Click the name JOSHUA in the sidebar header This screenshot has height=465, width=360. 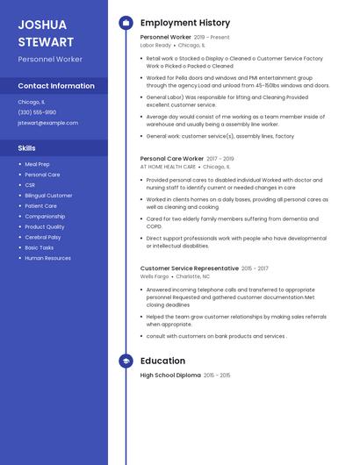click(42, 24)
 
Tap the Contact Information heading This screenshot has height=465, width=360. click(56, 86)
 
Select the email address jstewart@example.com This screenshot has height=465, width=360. click(47, 123)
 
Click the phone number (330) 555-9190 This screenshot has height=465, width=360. click(37, 112)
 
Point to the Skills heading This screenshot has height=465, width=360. click(27, 148)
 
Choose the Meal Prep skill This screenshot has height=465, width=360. click(37, 164)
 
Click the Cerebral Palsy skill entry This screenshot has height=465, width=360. click(42, 238)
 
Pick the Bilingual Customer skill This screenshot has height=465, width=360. click(48, 196)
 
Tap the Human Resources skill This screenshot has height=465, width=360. click(47, 258)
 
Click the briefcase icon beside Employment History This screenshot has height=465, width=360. click(126, 23)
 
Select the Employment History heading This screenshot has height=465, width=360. click(185, 23)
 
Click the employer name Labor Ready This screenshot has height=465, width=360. click(155, 45)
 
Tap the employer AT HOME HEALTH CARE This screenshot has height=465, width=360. click(168, 167)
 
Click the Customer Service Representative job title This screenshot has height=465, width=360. click(190, 268)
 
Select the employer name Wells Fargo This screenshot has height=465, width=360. click(155, 276)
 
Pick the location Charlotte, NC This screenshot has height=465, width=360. click(193, 276)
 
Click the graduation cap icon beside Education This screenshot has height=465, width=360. click(126, 361)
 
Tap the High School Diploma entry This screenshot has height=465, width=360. click(170, 376)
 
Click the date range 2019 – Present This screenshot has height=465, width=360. click(212, 38)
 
